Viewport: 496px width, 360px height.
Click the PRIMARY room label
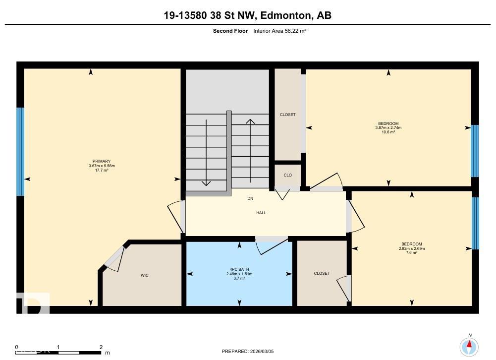click(100, 161)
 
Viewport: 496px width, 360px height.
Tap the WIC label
click(144, 275)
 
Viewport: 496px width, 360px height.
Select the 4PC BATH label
click(239, 269)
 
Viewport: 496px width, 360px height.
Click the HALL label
click(261, 213)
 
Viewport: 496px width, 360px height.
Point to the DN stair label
click(250, 198)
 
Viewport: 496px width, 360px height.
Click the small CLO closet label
click(287, 175)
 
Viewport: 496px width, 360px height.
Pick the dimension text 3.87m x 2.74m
click(388, 128)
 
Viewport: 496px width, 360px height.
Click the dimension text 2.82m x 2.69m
click(412, 248)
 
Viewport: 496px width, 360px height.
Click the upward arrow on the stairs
click(250, 149)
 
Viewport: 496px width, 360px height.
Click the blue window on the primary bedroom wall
click(20, 152)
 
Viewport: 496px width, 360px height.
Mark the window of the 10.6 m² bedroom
click(475, 151)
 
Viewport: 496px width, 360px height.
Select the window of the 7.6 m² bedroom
click(475, 223)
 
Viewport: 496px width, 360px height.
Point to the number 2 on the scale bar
click(101, 347)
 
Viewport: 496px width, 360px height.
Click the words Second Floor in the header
click(230, 31)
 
